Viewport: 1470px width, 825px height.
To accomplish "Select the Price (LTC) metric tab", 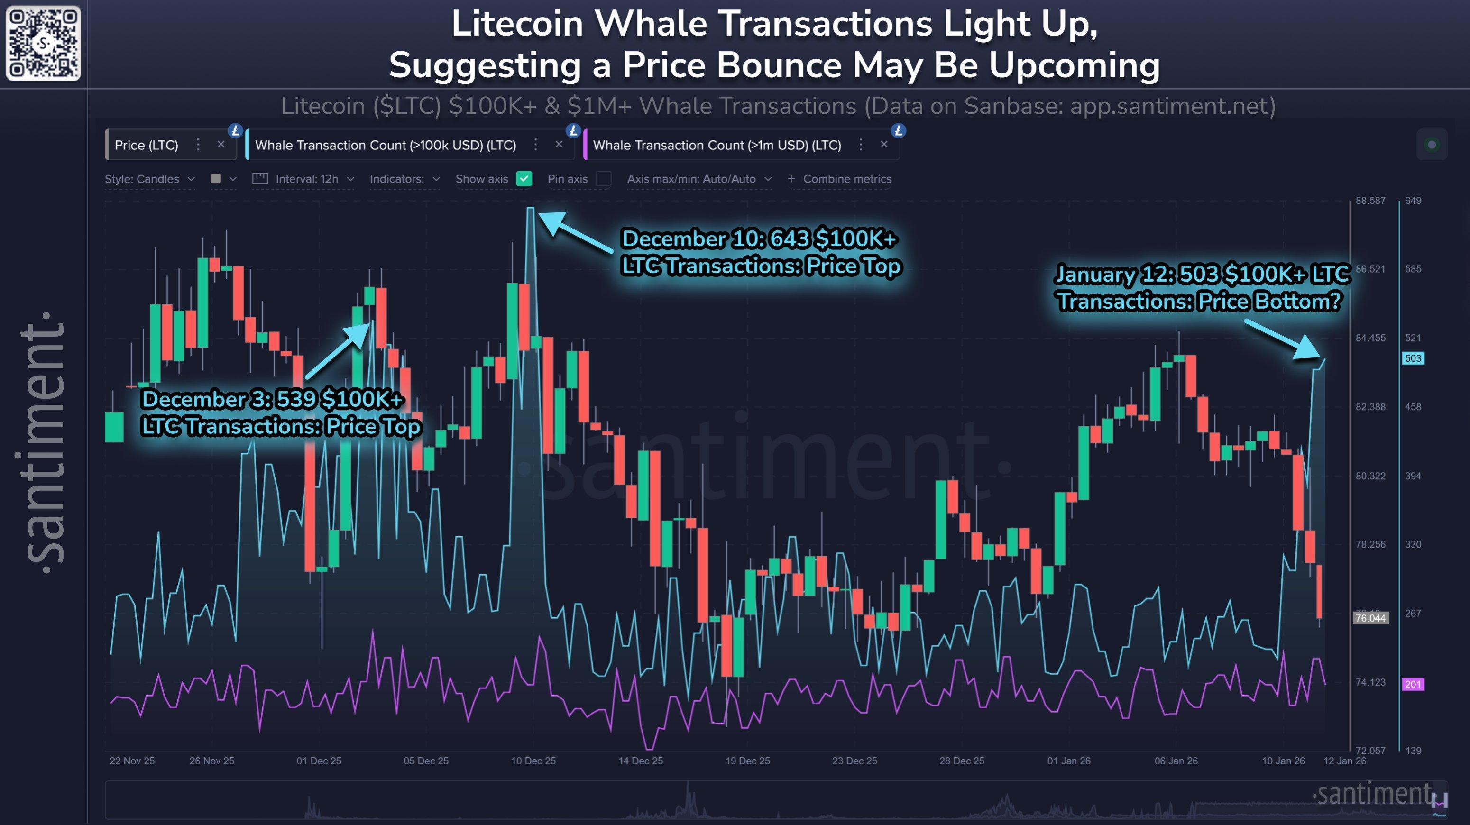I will click(x=147, y=145).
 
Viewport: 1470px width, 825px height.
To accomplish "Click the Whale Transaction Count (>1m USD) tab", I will click(x=717, y=145).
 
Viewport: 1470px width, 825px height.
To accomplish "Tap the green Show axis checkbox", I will click(x=524, y=179).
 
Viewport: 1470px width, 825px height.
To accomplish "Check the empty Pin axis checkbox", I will click(x=603, y=179).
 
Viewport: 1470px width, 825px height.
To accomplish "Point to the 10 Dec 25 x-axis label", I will click(x=533, y=761).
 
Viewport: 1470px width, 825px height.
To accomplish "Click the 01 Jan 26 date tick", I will click(x=1069, y=761).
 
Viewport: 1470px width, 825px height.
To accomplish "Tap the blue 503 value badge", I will click(x=1413, y=358).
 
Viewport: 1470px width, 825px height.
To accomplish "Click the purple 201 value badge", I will click(x=1413, y=684).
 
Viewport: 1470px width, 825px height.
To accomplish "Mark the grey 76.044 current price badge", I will click(x=1370, y=618).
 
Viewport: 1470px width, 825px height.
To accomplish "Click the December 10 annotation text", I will click(x=761, y=252).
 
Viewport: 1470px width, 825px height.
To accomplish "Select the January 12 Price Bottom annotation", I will click(x=1201, y=287).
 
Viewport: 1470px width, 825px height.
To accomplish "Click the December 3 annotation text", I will click(x=281, y=412).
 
